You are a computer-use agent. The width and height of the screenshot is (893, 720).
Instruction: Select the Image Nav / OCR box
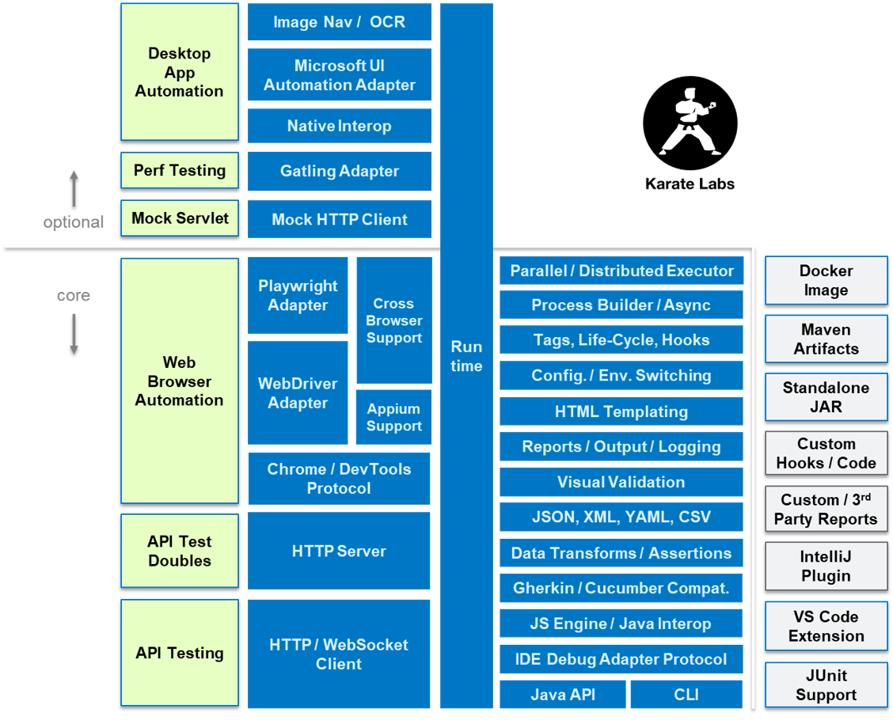pos(340,22)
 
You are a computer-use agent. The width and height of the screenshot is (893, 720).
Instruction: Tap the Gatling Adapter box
pos(340,171)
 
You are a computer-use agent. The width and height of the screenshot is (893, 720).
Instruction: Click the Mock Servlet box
pos(180,218)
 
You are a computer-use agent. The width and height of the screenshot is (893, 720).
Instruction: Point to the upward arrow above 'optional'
pos(74,188)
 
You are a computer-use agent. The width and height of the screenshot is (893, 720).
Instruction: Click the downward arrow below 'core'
pos(74,333)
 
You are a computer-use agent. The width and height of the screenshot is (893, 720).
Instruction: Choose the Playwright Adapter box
pos(298,295)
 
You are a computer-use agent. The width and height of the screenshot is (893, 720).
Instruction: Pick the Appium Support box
pos(393,417)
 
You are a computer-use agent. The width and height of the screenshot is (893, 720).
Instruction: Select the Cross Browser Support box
pos(393,320)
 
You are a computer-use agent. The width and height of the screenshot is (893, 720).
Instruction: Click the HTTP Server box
pos(339,551)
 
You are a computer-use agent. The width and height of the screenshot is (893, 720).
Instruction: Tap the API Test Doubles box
pos(180,551)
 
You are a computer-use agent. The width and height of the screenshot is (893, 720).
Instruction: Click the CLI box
pos(686,695)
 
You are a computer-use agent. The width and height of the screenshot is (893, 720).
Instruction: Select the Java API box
pos(563,695)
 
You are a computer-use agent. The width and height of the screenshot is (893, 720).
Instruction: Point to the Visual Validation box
pos(621,482)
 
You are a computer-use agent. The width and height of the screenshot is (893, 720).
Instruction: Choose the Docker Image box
pos(826,280)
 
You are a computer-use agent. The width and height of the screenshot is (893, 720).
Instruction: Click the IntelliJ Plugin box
pos(826,566)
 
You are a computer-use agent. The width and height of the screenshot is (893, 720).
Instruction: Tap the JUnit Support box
pos(826,684)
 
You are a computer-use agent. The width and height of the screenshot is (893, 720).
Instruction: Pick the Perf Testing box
pos(180,170)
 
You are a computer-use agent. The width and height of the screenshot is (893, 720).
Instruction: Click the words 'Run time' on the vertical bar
pos(466,356)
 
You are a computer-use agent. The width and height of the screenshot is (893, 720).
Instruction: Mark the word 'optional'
pos(74,222)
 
